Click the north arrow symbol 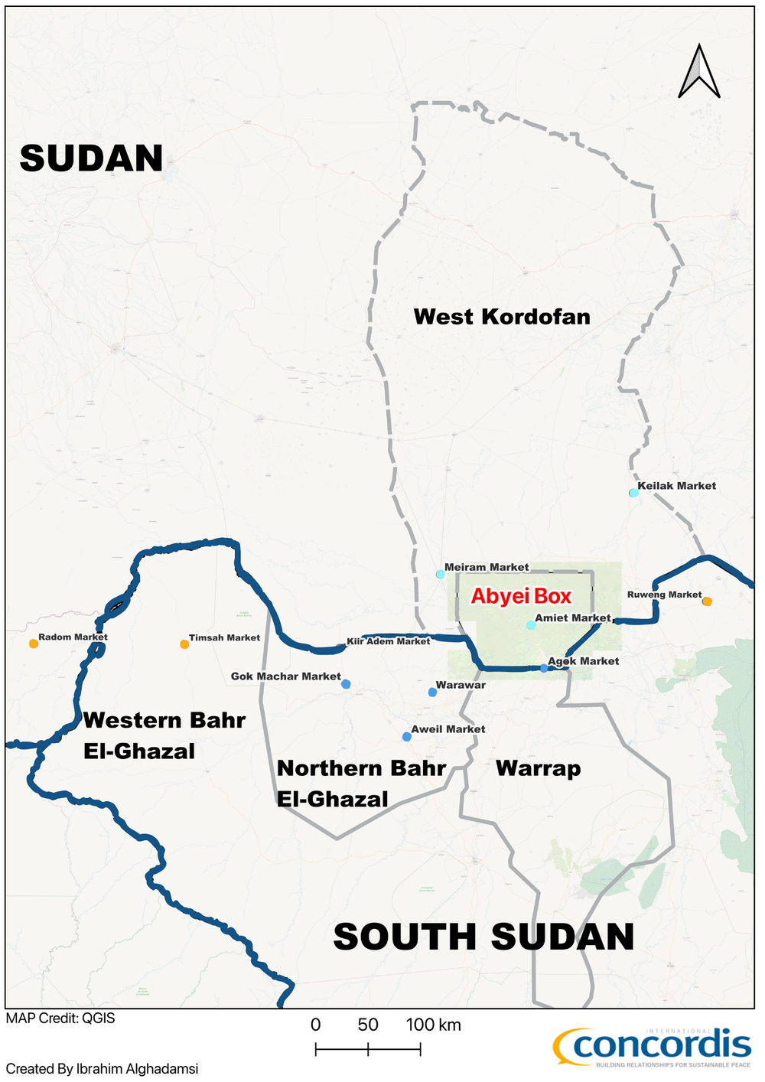tap(699, 72)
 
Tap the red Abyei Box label tap(521, 597)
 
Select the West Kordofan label tap(502, 317)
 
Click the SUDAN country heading tap(91, 158)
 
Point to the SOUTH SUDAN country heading tap(483, 937)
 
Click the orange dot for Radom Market tap(34, 644)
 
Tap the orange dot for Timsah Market tap(184, 644)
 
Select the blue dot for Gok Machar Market tap(346, 684)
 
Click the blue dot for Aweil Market tap(407, 737)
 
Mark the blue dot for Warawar tap(432, 693)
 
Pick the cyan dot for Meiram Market tap(441, 574)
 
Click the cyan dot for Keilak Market tap(633, 493)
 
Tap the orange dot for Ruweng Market tap(708, 601)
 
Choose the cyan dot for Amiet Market tap(531, 625)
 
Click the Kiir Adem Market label tap(389, 641)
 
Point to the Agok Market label tap(584, 661)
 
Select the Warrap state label tap(538, 768)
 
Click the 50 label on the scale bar tap(368, 1025)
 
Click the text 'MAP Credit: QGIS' tap(60, 1018)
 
